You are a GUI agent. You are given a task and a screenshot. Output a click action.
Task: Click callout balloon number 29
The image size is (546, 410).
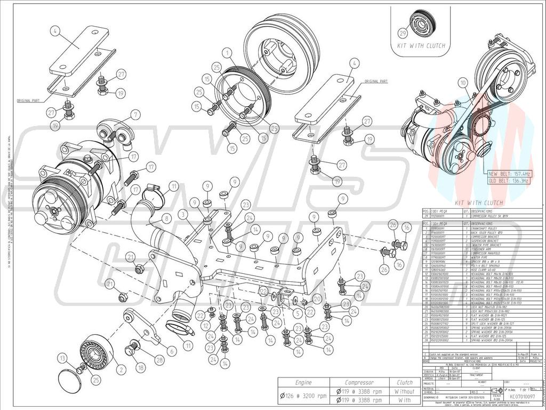pyautogui.click(x=403, y=33)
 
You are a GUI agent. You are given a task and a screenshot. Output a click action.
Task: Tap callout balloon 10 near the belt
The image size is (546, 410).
pyautogui.click(x=462, y=82)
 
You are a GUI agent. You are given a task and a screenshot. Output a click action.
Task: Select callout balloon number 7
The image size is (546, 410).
pyautogui.click(x=135, y=114)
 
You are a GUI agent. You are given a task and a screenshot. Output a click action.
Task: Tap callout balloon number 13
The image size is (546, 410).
pyautogui.click(x=63, y=358)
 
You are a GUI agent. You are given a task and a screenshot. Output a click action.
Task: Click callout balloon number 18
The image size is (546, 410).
pyautogui.click(x=141, y=368)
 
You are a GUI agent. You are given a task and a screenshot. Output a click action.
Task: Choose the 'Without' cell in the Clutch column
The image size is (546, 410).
pyautogui.click(x=404, y=391)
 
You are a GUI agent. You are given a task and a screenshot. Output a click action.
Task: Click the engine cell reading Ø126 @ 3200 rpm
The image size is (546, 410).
pyautogui.click(x=303, y=396)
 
